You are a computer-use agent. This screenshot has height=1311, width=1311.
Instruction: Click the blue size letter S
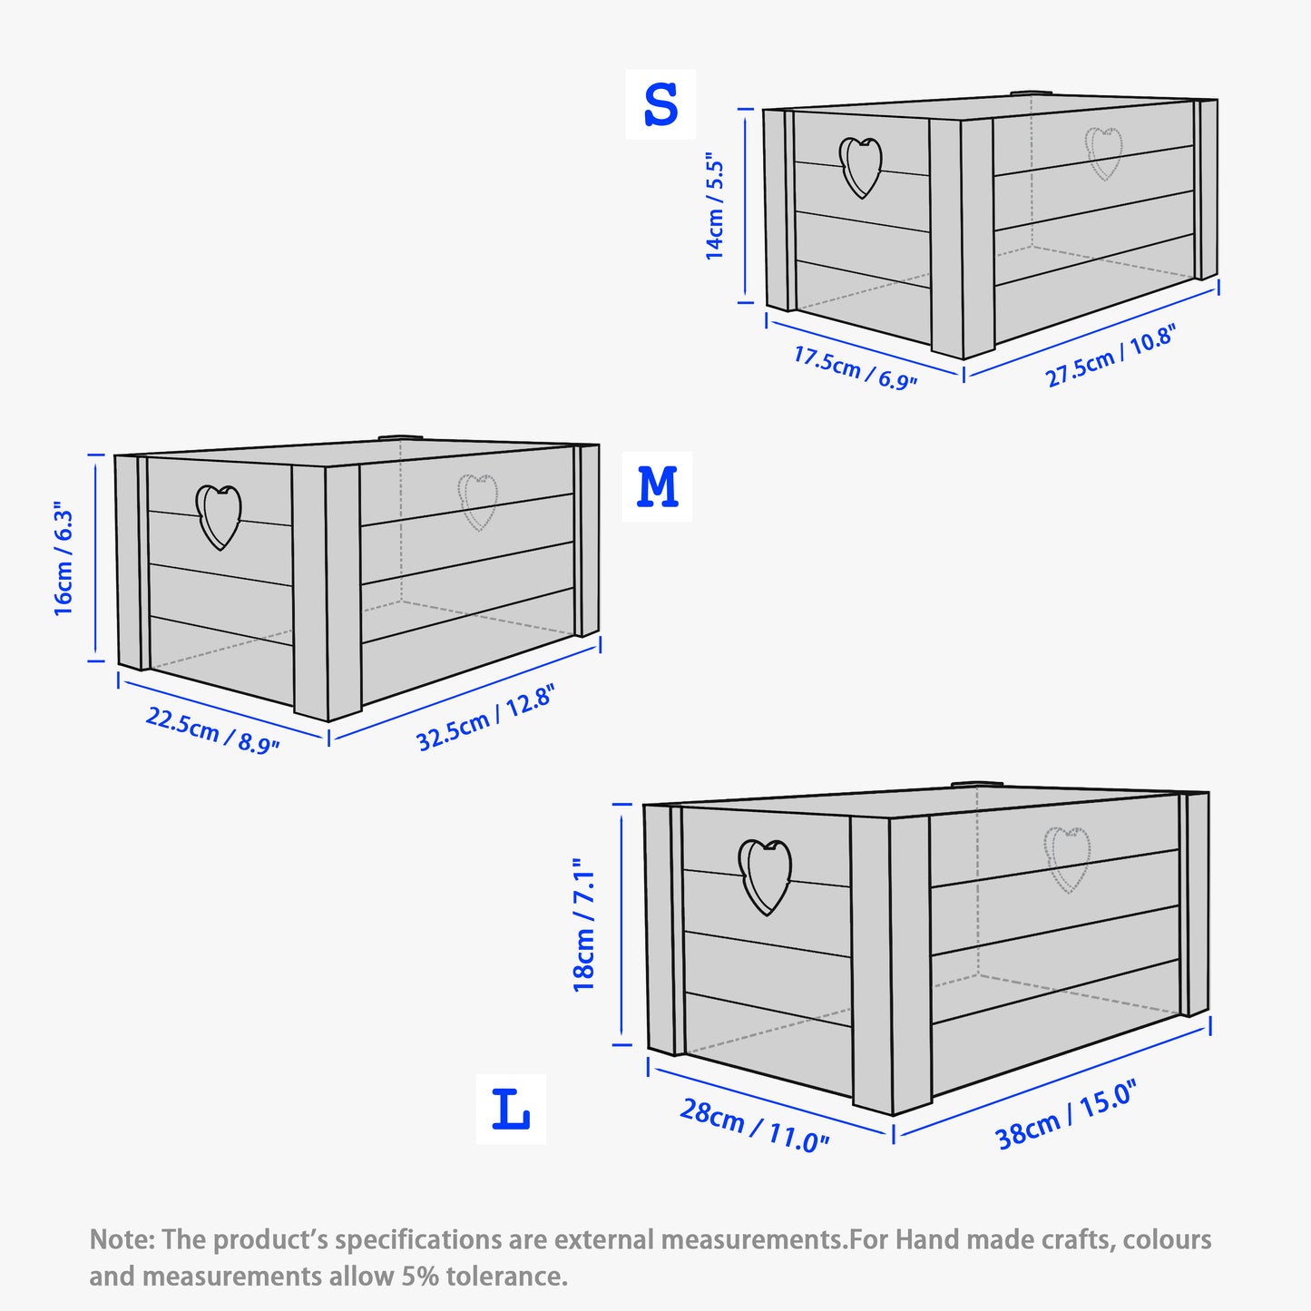coord(660,104)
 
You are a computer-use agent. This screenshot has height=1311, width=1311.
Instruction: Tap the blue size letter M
coord(657,487)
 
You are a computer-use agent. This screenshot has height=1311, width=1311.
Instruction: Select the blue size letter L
coord(511,1109)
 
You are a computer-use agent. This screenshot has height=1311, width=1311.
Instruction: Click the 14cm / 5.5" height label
coord(716,208)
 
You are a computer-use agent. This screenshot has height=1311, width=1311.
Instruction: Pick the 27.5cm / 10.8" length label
coord(1110,356)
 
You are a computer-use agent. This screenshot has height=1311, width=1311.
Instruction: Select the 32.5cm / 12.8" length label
coord(484,719)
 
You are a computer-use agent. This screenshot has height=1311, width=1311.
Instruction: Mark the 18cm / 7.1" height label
coord(584,925)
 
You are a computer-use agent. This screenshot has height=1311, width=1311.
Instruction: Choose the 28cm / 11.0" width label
coord(754,1126)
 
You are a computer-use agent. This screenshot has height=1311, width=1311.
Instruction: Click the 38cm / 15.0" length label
coord(1065,1116)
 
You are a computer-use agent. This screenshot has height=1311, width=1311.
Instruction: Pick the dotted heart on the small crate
coord(1104,152)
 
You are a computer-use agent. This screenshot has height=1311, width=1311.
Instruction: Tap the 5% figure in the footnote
coord(418,1276)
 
